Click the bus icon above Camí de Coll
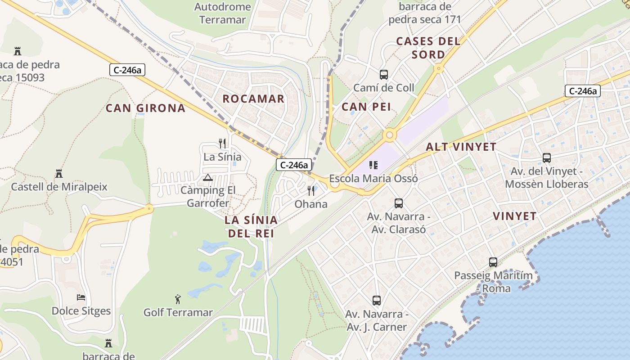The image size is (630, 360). pyautogui.click(x=383, y=75)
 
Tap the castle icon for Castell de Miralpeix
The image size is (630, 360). pyautogui.click(x=58, y=173)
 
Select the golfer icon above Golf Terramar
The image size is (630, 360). pyautogui.click(x=178, y=299)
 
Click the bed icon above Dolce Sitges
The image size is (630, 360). pyautogui.click(x=81, y=297)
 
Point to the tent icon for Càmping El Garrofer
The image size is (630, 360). pyautogui.click(x=207, y=177)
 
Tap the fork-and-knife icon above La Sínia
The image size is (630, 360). pyautogui.click(x=222, y=144)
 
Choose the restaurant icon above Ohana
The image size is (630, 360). pyautogui.click(x=311, y=191)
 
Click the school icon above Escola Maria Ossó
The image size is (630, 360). pyautogui.click(x=373, y=165)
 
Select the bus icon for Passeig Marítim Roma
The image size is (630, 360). pyautogui.click(x=493, y=262)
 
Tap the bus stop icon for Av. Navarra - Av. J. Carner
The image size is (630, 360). pyautogui.click(x=377, y=300)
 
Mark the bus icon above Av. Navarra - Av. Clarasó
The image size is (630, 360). pyautogui.click(x=399, y=203)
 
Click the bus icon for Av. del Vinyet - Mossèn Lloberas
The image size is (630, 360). pyautogui.click(x=547, y=158)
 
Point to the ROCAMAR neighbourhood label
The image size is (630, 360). pyautogui.click(x=253, y=99)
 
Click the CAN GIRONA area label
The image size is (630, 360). pyautogui.click(x=145, y=108)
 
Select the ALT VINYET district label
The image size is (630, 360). pyautogui.click(x=461, y=147)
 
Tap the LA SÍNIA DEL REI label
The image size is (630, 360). pyautogui.click(x=252, y=226)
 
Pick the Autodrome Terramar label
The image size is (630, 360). pyautogui.click(x=222, y=13)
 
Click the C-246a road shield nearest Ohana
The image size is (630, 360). pyautogui.click(x=294, y=165)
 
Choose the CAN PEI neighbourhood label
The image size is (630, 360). pyautogui.click(x=366, y=107)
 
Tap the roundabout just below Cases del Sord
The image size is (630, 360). pyautogui.click(x=438, y=69)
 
